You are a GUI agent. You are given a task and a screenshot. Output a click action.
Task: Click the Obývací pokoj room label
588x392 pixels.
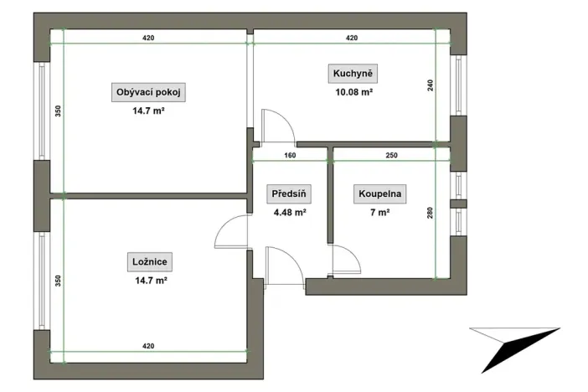pos(147,92)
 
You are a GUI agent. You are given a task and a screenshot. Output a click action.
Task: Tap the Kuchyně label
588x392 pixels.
pos(352,75)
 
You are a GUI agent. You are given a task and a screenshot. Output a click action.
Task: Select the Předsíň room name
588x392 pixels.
pos(289,194)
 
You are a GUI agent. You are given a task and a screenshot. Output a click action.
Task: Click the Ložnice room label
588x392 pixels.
pos(147,263)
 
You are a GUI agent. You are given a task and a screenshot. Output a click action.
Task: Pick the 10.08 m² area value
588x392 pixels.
pos(352,93)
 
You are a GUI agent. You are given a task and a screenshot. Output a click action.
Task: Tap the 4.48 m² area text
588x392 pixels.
pos(289,213)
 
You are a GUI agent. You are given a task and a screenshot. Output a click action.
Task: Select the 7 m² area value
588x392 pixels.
pos(379,213)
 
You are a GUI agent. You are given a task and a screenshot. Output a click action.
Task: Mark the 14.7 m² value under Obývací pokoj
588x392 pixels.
pos(147,111)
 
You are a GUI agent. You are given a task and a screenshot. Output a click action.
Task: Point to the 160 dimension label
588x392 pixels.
pos(290,155)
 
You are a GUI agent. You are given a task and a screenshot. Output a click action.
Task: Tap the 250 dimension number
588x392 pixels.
pos(392,155)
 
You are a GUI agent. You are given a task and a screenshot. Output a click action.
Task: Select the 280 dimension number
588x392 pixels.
pos(431,213)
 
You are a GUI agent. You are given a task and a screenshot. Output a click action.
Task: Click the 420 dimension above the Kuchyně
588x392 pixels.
pos(352,39)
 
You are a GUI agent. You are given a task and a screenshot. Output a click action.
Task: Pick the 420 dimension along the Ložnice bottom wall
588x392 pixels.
pos(149,345)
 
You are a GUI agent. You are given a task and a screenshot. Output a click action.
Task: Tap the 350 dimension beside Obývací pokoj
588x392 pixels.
pos(58,111)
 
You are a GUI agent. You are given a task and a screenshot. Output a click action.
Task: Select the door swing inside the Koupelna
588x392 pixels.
pos(344,262)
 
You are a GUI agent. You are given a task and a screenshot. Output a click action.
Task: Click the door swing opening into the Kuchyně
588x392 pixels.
pos(276,126)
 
